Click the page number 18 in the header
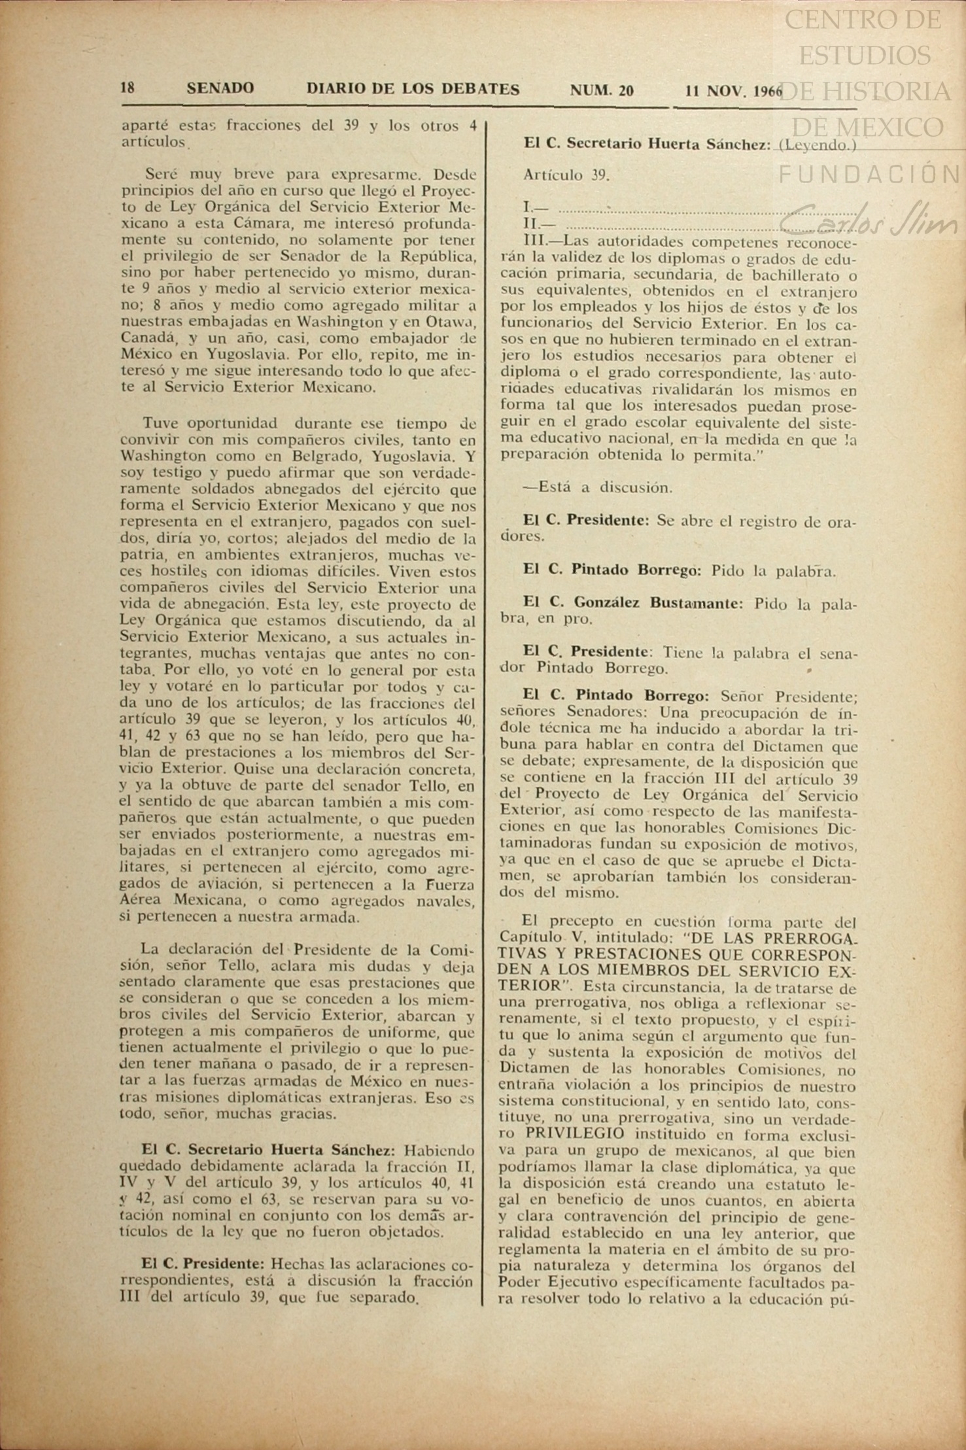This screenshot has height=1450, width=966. coord(128,88)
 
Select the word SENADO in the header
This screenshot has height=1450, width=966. coord(220,88)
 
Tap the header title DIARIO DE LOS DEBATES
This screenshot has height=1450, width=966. coord(413,89)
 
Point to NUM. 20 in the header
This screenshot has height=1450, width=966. coord(602,90)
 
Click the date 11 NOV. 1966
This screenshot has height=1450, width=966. coord(733,91)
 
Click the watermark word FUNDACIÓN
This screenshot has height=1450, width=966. coord(870,175)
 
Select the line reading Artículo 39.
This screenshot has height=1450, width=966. coord(566,175)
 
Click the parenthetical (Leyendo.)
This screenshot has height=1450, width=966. coord(817,145)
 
